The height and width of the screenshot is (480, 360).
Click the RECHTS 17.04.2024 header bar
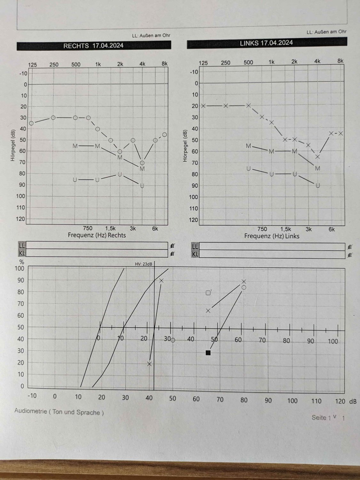pyautogui.click(x=93, y=46)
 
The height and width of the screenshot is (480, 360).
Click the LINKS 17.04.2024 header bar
pyautogui.click(x=266, y=43)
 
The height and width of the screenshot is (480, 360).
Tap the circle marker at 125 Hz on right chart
pyautogui.click(x=31, y=123)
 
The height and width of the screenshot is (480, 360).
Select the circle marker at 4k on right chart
pyautogui.click(x=142, y=163)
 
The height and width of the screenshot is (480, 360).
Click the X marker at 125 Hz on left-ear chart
pyautogui.click(x=203, y=106)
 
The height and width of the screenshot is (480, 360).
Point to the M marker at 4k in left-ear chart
pyautogui.click(x=317, y=168)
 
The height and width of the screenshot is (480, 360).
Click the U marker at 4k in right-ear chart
pyautogui.click(x=142, y=186)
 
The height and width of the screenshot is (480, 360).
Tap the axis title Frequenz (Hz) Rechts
pyautogui.click(x=97, y=235)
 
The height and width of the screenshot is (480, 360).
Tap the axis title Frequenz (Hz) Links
pyautogui.click(x=272, y=236)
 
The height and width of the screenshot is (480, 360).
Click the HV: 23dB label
pyautogui.click(x=144, y=264)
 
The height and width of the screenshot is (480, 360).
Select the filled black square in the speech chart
pyautogui.click(x=208, y=353)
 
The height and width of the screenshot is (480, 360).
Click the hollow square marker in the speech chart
pyautogui.click(x=208, y=293)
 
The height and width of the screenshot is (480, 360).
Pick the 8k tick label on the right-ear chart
pyautogui.click(x=164, y=64)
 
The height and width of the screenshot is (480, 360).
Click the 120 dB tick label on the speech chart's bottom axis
pyautogui.click(x=340, y=401)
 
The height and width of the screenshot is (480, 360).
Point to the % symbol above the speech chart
pyautogui.click(x=22, y=262)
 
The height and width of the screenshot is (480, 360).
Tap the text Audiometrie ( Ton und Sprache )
pyautogui.click(x=59, y=412)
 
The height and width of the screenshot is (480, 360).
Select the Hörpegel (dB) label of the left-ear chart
pyautogui.click(x=185, y=146)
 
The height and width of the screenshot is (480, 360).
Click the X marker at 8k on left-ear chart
pyautogui.click(x=341, y=133)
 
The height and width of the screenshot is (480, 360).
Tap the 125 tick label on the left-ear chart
pyautogui.click(x=203, y=63)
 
